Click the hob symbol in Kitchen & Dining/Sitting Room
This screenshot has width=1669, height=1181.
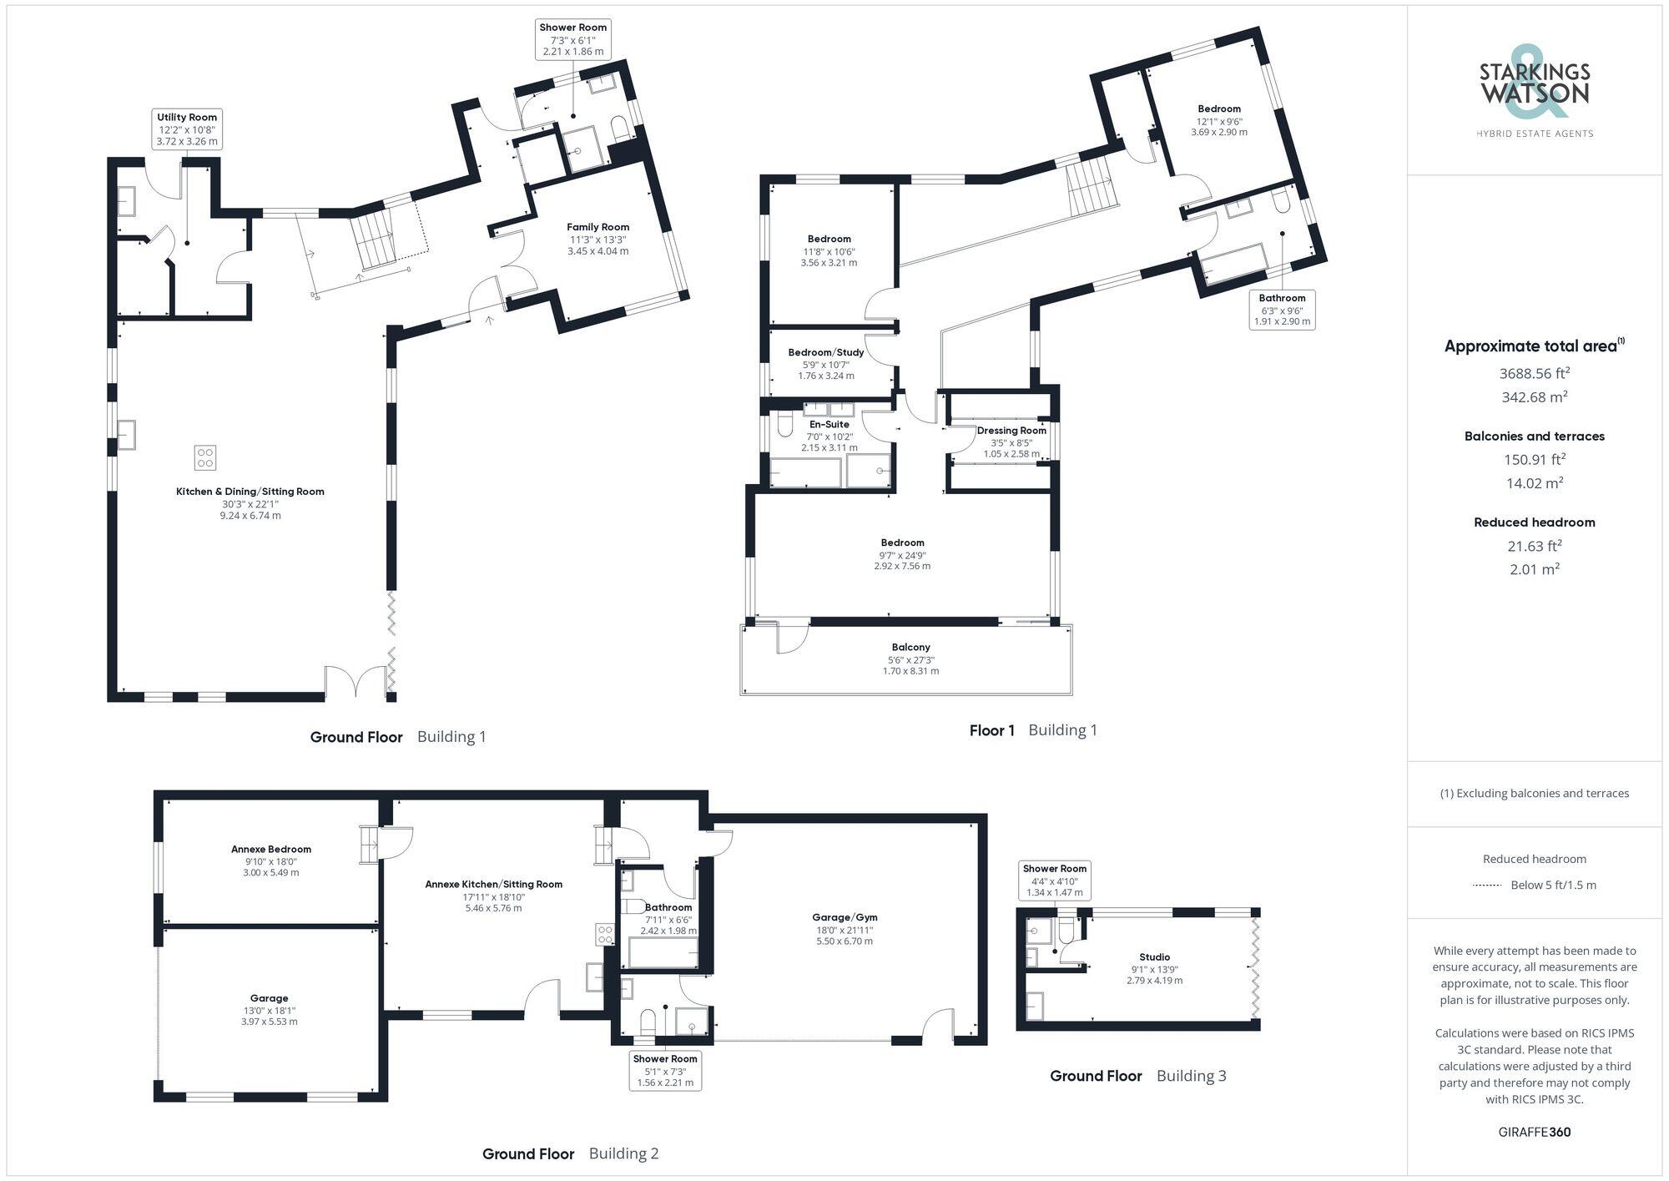[205, 457]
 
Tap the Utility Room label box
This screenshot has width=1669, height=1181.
[187, 129]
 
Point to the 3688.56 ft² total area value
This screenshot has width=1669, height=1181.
[1534, 373]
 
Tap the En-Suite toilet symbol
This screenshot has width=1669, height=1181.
[783, 426]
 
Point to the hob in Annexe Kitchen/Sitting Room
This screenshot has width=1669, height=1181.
[605, 934]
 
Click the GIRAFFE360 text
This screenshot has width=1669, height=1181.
[1534, 1132]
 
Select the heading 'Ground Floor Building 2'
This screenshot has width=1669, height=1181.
[570, 1153]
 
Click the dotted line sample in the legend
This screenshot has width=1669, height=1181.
[1487, 885]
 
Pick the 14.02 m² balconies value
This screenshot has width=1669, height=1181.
[1534, 482]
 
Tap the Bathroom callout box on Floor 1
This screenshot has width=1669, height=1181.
[1282, 309]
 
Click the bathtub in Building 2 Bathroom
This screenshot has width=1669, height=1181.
[663, 951]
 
